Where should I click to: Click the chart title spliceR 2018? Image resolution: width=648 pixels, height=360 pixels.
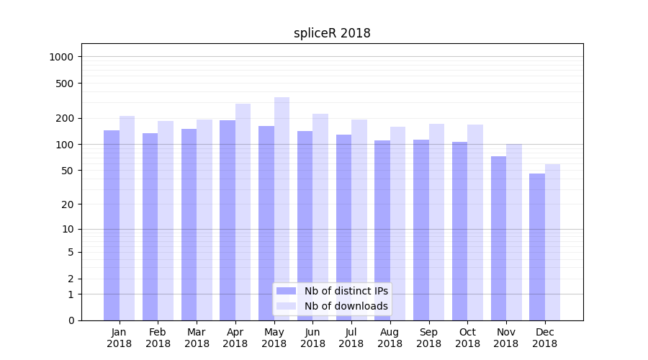point(332,33)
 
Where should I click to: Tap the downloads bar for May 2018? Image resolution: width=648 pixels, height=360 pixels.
point(282,209)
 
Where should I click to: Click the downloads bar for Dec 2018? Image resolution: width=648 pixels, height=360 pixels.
point(552,242)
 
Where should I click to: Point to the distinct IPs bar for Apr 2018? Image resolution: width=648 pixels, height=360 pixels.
point(228,220)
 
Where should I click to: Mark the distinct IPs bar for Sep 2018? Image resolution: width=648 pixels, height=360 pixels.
point(421,230)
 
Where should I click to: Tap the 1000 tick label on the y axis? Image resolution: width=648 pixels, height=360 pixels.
point(63,57)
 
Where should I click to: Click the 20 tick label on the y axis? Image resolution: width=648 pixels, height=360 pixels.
point(68,204)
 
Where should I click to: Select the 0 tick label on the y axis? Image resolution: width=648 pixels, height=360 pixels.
point(71,320)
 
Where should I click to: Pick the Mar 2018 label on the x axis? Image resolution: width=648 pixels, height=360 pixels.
point(197,338)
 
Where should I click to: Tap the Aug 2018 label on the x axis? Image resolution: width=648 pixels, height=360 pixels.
point(390,338)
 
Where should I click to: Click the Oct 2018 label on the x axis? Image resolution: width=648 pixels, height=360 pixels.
point(467,338)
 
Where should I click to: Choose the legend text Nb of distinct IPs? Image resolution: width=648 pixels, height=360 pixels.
point(346,291)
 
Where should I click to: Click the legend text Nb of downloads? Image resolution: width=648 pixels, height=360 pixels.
point(346,306)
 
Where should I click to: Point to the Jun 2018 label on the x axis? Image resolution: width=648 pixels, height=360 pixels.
point(312,338)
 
